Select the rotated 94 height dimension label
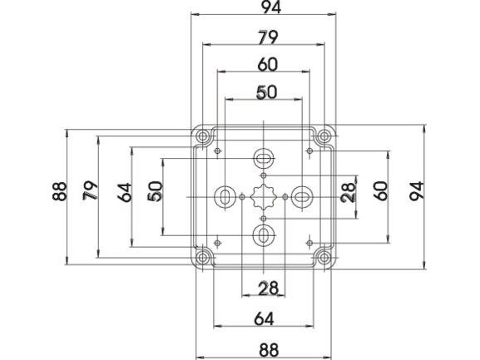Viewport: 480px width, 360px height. pyautogui.click(x=418, y=190)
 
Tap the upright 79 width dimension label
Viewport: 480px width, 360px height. pyautogui.click(x=268, y=38)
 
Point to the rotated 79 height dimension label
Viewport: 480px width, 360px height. pyautogui.click(x=91, y=190)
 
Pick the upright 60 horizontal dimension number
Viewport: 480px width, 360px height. pyautogui.click(x=268, y=65)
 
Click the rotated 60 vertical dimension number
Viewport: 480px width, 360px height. pyautogui.click(x=381, y=190)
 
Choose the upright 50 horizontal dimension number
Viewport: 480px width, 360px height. pyautogui.click(x=267, y=92)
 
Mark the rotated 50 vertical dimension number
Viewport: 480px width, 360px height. pyautogui.click(x=155, y=191)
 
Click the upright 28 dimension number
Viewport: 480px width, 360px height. pyautogui.click(x=268, y=288)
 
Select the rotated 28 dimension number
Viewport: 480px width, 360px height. pyautogui.click(x=349, y=192)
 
